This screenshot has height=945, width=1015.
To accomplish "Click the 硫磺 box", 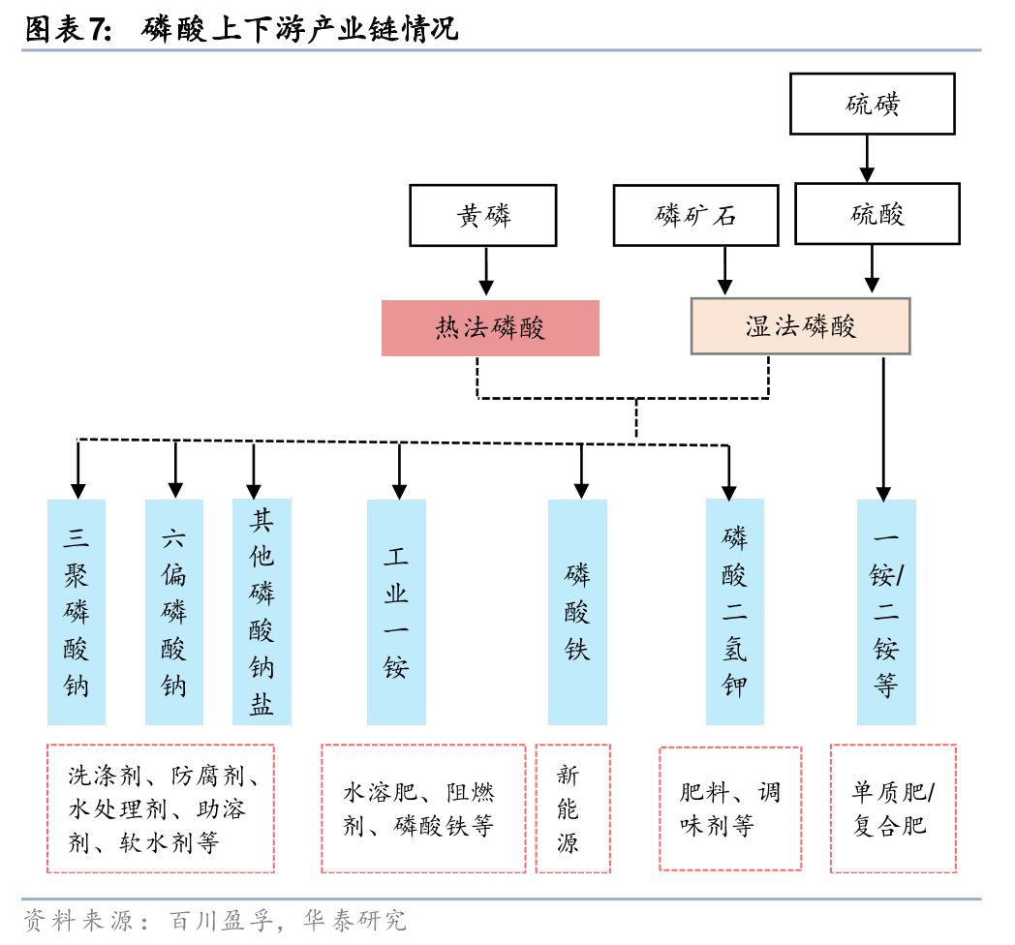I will coord(872,104).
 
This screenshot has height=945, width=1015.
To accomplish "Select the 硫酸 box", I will coord(877,214).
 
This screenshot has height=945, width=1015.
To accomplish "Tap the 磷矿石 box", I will coord(695,215).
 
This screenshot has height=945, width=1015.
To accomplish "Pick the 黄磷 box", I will coord(483,215).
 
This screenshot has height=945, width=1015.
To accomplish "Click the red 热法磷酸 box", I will coord(490,328).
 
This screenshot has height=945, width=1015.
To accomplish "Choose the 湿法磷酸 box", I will coord(800,326).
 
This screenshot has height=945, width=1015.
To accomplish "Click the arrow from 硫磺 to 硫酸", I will coord(867,158).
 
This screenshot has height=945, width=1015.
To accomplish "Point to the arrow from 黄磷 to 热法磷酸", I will coord(486,271).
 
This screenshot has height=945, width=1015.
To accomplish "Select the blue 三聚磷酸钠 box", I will coord(77,612).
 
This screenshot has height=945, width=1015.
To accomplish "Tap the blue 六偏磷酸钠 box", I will coord(174,612).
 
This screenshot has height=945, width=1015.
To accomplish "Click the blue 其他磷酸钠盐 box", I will coord(261,612).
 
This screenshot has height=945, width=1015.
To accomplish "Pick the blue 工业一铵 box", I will coord(396,612).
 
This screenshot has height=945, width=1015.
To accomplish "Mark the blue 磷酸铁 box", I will coord(577,612).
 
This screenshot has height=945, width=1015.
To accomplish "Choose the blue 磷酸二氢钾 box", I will coord(734,612).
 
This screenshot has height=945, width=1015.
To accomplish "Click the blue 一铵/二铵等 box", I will coord(886,612).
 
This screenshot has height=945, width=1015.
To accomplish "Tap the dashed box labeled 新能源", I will coord(572,808).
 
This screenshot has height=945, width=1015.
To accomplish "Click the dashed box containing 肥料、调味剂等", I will coord(730,808).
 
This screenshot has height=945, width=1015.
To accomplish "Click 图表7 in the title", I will coord(68,29).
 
